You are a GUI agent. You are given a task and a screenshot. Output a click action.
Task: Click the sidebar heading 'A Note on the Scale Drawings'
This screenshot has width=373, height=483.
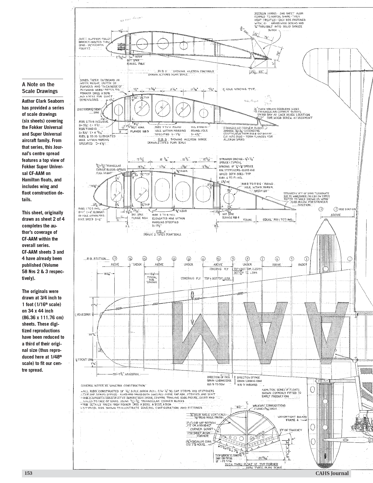pyautogui.click(x=40, y=88)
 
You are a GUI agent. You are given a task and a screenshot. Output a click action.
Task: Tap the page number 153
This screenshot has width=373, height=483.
pyautogui.click(x=28, y=473)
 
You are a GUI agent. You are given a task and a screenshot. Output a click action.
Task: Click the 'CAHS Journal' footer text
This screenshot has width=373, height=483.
pyautogui.click(x=332, y=473)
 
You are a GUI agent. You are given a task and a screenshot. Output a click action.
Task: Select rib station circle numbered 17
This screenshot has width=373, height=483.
pyautogui.click(x=115, y=259)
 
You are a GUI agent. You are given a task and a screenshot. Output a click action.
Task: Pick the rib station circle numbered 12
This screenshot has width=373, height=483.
pyautogui.click(x=189, y=259)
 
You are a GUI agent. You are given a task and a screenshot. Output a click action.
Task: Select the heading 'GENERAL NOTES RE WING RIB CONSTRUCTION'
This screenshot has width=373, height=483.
pyautogui.click(x=113, y=386)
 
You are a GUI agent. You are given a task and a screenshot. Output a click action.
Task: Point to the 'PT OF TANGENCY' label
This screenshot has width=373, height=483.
pyautogui.click(x=293, y=430)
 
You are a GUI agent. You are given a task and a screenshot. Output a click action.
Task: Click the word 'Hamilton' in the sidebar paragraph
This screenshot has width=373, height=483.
pyautogui.click(x=30, y=180)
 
